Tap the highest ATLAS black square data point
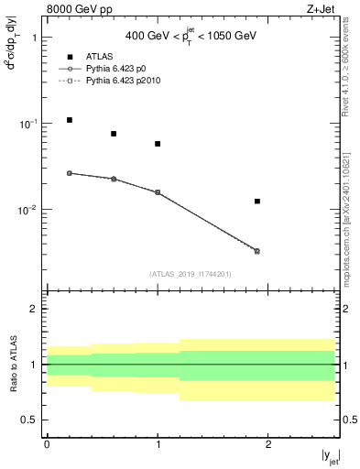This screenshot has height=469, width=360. click(70, 120)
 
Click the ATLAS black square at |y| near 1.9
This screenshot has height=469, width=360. click(257, 201)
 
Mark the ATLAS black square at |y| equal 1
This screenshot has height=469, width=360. click(158, 144)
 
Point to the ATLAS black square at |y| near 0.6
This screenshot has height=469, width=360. click(114, 134)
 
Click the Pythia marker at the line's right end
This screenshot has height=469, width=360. click(257, 251)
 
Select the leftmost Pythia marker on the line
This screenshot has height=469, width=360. click(70, 173)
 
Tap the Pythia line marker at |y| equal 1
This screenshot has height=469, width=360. click(158, 192)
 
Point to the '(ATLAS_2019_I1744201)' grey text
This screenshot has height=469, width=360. click(191, 273)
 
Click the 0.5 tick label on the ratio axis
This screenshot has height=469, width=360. click(29, 420)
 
